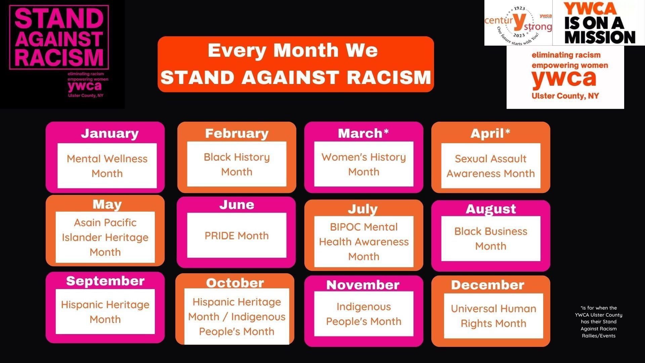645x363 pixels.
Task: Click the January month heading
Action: [110, 133]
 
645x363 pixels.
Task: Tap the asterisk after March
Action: [386, 131]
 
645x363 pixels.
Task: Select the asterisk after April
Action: [507, 131]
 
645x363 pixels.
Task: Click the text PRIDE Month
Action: [236, 236]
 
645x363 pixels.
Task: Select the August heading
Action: [490, 209]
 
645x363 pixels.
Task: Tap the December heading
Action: [487, 285]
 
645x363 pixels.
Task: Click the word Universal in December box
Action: [473, 309]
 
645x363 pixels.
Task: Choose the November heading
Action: [363, 285]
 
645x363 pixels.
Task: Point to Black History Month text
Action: [236, 164]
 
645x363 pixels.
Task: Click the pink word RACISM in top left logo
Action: [59, 57]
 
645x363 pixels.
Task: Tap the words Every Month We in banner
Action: [293, 50]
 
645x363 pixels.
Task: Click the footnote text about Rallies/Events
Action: [598, 335]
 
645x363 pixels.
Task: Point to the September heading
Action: [105, 281]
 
